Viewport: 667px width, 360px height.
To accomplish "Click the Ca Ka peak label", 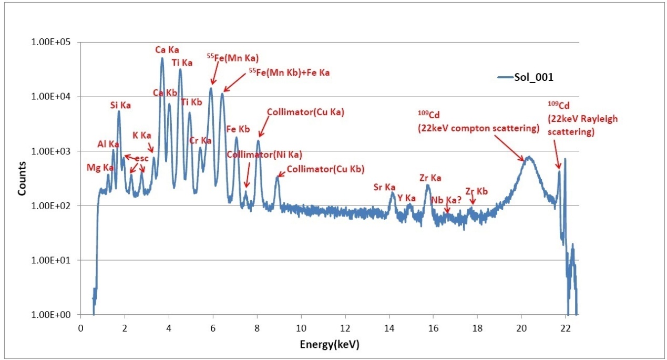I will pos(167,50).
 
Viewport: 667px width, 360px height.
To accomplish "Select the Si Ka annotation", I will pos(120,105).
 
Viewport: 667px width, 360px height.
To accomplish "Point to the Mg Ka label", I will pos(100,167).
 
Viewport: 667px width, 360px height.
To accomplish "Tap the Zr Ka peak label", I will pos(430,178).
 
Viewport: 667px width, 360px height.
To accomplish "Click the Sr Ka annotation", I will pos(384,187).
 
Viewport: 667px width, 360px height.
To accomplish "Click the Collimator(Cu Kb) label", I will pos(325,169).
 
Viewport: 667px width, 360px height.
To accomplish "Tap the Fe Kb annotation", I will pos(238,129).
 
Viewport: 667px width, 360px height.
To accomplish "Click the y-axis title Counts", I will pos(22,182).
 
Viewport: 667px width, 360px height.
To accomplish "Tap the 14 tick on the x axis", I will pos(389,328).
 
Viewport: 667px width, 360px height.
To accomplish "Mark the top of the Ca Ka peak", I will pos(162,58).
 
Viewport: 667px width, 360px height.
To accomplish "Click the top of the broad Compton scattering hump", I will pos(529,157).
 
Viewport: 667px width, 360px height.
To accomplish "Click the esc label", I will pos(142,158).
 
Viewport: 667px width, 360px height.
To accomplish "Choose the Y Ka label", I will pos(407,198).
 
